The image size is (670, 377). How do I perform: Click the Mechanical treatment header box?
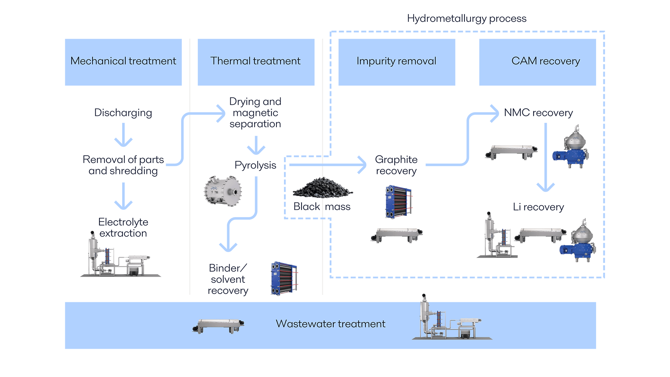[x=123, y=62]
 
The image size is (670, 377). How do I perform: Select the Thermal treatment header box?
[x=256, y=62]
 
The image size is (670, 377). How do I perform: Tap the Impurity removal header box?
[x=396, y=62]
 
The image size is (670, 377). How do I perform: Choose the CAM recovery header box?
[x=537, y=62]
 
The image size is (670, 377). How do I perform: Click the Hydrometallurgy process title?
[x=467, y=19]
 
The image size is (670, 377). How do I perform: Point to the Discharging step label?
[x=123, y=113]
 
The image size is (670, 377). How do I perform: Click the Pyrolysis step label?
[x=255, y=165]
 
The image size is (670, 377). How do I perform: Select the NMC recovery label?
[x=538, y=113]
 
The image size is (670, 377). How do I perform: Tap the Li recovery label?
[x=538, y=207]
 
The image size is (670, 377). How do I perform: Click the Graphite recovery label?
[x=396, y=165]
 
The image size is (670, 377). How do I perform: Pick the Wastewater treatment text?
[x=330, y=324]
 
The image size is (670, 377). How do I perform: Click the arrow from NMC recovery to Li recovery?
[x=545, y=157]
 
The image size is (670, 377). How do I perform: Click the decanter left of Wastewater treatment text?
[x=218, y=326]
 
